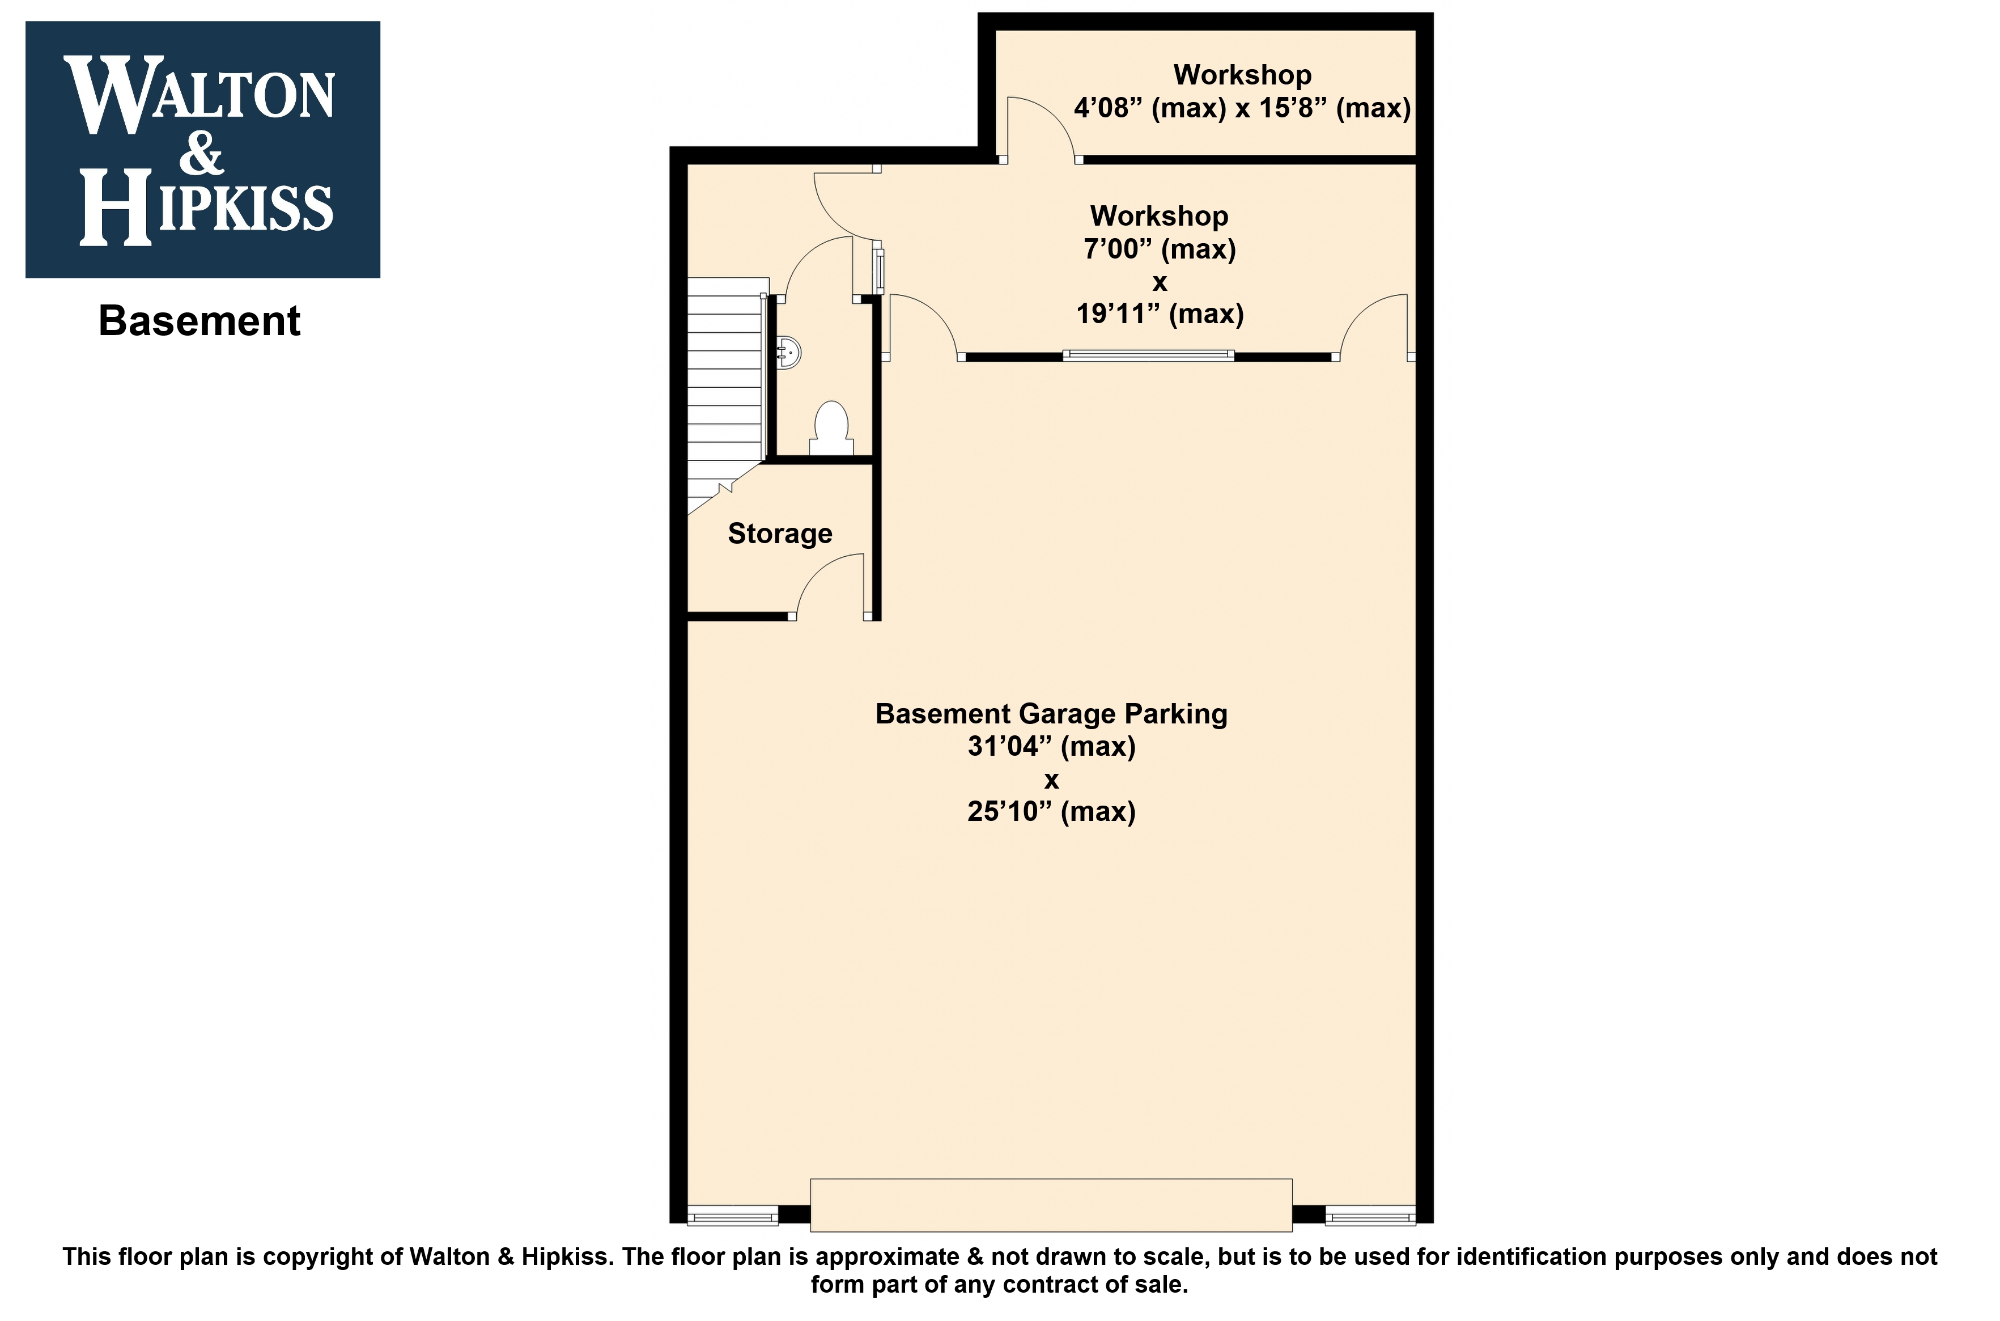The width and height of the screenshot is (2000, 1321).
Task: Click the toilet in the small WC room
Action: click(832, 430)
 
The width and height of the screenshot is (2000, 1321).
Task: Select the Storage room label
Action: click(780, 534)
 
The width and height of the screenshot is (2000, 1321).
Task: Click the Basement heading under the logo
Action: click(199, 321)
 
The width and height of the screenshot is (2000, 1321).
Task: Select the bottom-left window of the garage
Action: click(733, 1216)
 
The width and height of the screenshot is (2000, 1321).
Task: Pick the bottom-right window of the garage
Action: click(1370, 1216)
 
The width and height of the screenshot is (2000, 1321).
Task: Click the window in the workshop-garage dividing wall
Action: click(1149, 355)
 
